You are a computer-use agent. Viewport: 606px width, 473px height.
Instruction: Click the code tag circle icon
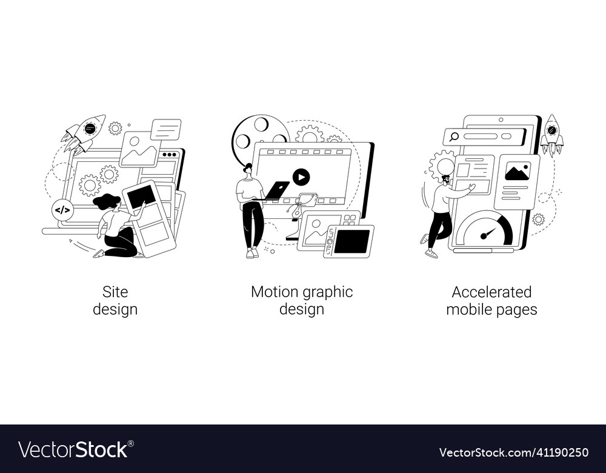coord(62,210)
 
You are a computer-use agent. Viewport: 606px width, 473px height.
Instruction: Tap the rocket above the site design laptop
coord(84,132)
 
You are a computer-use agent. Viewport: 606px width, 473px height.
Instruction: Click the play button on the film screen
coord(301,176)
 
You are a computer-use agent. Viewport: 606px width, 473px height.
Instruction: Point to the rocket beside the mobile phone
coord(551,134)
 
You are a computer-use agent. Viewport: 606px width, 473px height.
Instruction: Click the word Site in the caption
coord(115,292)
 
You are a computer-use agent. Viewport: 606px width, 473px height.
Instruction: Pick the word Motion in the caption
coord(271,292)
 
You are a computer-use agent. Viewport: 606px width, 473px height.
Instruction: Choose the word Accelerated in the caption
coord(491,292)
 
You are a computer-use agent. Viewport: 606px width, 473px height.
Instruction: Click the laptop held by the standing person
coord(276,190)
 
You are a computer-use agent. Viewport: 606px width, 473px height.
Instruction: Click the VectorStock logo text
coord(73,449)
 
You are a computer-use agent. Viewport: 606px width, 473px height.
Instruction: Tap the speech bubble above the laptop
coord(165,129)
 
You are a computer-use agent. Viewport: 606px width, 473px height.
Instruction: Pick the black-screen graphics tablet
coord(350,241)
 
